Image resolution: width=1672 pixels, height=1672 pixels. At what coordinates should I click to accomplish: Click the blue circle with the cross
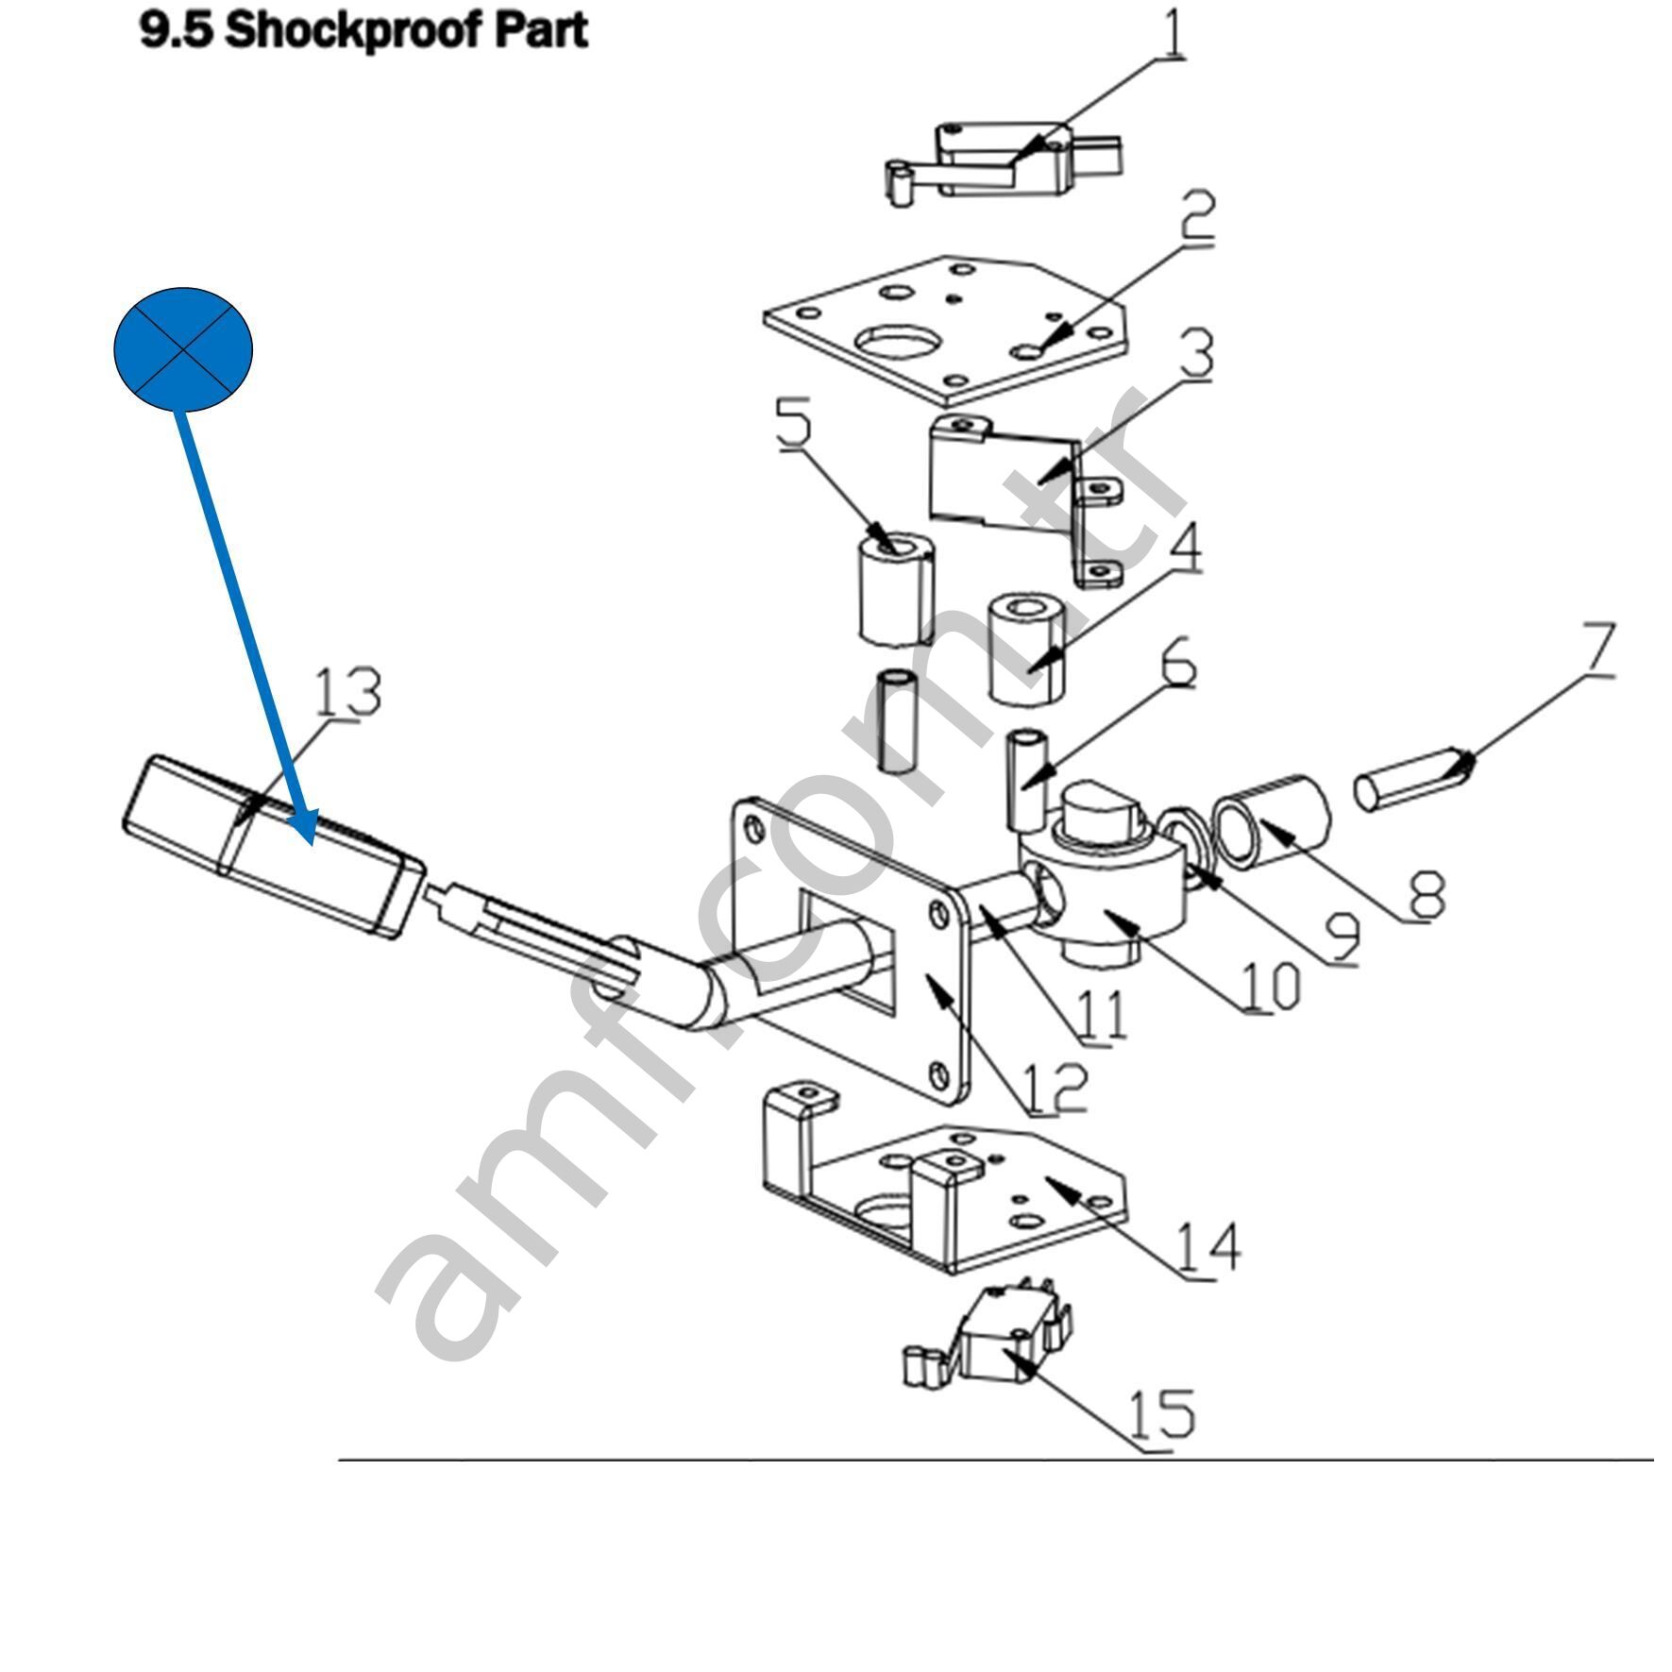[x=183, y=348]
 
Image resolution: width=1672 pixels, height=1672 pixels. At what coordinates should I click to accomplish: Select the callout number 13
[x=346, y=692]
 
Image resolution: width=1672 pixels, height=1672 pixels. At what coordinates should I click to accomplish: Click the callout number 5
[x=793, y=422]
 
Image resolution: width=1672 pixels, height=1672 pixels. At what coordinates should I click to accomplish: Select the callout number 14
[x=1208, y=1248]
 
